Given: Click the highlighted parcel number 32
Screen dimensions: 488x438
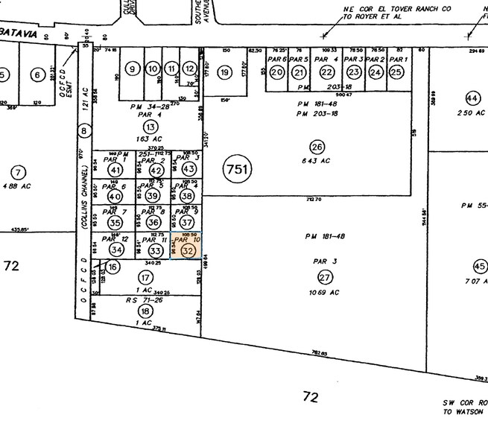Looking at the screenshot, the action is tap(188, 251).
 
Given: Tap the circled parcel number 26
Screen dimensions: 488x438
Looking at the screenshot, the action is tap(318, 146).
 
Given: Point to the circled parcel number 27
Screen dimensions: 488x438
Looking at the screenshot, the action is tap(325, 277).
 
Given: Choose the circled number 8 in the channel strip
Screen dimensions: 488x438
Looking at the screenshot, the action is tap(84, 132).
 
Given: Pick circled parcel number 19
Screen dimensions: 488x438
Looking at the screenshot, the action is tap(224, 72).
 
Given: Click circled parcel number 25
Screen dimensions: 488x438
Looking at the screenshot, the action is tap(396, 72).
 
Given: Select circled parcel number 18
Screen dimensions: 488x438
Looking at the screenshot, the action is tap(145, 311).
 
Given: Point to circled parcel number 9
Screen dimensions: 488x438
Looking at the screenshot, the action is tap(133, 70).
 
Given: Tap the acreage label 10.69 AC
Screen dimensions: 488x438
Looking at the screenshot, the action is tap(325, 292).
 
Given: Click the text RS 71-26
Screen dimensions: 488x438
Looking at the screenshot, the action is tap(145, 298).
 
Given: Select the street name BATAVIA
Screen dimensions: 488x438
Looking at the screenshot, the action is tap(16, 37).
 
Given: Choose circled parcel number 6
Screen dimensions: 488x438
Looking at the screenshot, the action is tap(36, 74).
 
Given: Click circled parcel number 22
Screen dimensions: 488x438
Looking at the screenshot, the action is tap(327, 72).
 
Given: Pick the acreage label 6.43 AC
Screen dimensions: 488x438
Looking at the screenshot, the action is tap(318, 160).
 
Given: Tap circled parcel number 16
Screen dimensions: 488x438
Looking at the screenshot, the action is tap(113, 267).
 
